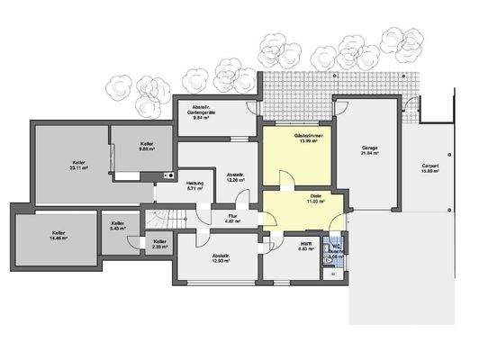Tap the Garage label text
pos(370,149)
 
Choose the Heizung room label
pos(195,185)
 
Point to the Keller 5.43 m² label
pos(118,226)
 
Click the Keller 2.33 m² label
pos(159,243)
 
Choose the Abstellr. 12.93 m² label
pos(221,258)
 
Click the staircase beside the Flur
pos(164,219)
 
